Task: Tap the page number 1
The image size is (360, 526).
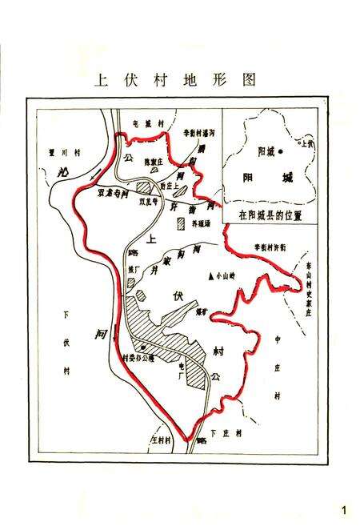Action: click(x=344, y=510)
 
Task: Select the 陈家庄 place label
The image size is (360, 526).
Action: click(x=153, y=161)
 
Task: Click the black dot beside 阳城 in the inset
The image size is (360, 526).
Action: click(x=280, y=151)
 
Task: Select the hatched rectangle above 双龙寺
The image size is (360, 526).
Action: click(x=144, y=187)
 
